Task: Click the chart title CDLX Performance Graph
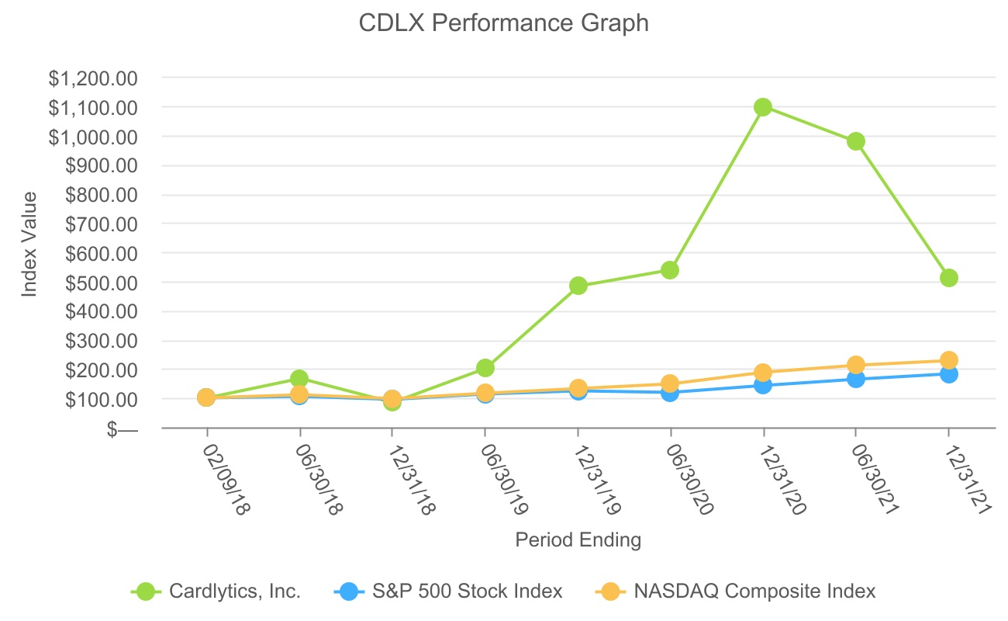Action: click(503, 23)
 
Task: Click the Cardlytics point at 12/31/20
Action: click(763, 107)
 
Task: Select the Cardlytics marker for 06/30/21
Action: click(856, 141)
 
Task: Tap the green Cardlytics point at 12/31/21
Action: click(949, 278)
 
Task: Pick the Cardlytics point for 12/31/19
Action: click(578, 286)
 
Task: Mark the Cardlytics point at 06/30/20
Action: click(671, 270)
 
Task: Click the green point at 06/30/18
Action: click(299, 379)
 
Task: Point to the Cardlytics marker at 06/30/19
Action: click(485, 368)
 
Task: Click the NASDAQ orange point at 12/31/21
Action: click(949, 360)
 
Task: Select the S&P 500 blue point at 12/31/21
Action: click(949, 374)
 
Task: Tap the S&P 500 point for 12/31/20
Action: click(763, 385)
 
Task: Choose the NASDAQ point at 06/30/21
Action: click(856, 365)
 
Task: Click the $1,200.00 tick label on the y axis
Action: click(93, 78)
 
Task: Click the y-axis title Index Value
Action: click(29, 245)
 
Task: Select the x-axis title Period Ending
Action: click(578, 539)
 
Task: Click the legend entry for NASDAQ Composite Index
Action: click(754, 592)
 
